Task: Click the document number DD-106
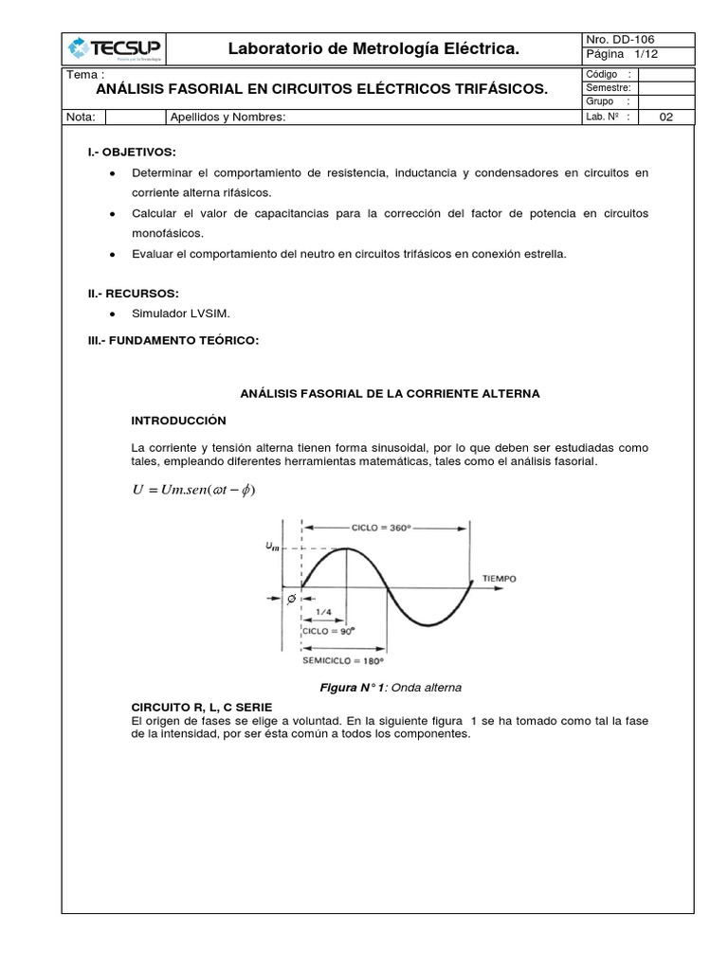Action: (619, 39)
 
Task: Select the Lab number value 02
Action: (664, 117)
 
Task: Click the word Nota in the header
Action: (81, 117)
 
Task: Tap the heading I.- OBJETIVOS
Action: (132, 152)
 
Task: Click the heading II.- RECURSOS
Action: (128, 294)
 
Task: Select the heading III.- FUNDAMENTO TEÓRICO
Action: (173, 339)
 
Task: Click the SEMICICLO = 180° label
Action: (344, 660)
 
